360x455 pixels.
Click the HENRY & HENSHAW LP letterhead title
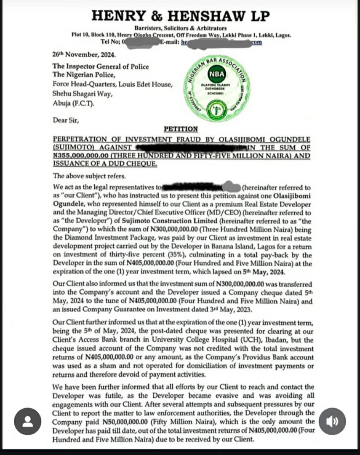coord(181,16)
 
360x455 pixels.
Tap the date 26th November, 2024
coord(84,55)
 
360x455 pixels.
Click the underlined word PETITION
coord(181,129)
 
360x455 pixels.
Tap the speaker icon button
coord(332,421)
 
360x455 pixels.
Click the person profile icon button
coord(28,421)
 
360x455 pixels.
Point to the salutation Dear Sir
coord(66,120)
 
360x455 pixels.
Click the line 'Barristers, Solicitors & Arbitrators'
coord(181,28)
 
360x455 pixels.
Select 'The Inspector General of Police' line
coord(100,66)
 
